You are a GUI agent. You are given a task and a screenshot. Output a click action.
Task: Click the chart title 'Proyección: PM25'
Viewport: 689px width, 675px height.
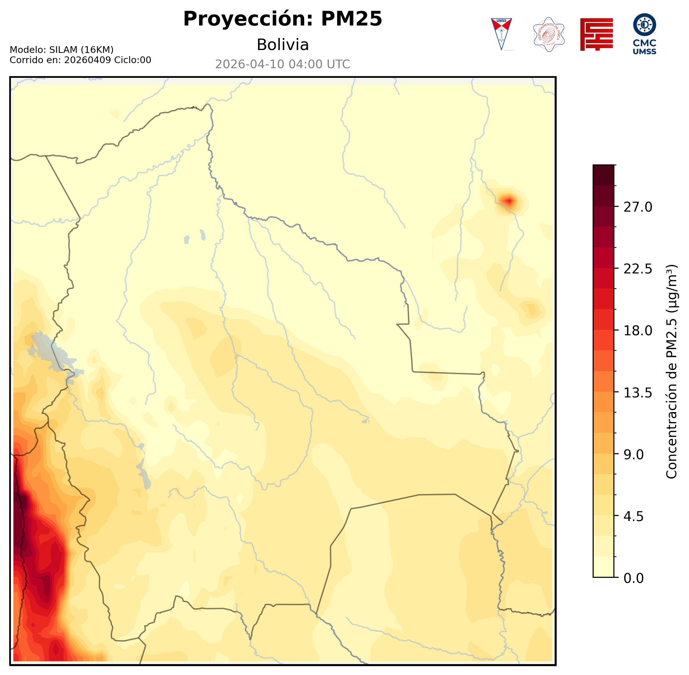click(282, 19)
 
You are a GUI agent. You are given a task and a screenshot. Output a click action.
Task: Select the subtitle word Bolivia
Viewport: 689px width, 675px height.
click(282, 45)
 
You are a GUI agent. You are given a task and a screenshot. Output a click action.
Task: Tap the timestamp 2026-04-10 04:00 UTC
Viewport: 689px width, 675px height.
click(282, 64)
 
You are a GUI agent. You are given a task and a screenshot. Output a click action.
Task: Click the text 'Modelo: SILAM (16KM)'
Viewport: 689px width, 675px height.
click(61, 50)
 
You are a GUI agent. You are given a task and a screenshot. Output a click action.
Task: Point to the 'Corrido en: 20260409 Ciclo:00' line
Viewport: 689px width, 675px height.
click(80, 60)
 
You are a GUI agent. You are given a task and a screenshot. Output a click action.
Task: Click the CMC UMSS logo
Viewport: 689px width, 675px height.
click(644, 34)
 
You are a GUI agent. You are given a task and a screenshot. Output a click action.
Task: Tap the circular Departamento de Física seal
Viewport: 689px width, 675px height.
click(549, 34)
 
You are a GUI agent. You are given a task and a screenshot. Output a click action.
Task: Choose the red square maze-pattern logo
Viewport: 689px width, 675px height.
click(596, 34)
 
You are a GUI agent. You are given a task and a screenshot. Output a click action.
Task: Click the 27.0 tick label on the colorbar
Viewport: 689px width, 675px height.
click(638, 207)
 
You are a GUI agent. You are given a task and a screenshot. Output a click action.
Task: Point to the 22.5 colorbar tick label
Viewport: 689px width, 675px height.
click(638, 269)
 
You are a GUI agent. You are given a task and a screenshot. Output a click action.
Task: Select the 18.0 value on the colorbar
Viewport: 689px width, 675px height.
click(638, 331)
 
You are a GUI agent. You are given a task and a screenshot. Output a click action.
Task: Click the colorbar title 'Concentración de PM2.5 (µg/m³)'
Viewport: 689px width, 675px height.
click(671, 371)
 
